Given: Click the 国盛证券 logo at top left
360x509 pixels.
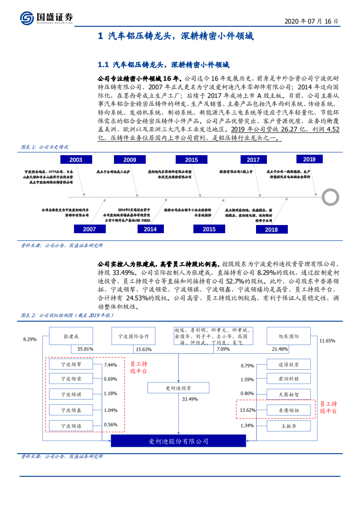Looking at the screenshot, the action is [x=46, y=17].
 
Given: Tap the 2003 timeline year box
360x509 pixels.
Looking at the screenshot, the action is [x=76, y=160].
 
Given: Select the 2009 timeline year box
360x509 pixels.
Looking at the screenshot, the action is [x=130, y=160].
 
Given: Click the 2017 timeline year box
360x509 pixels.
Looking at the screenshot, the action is [x=253, y=160].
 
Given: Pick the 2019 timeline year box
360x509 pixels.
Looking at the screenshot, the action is [x=309, y=159].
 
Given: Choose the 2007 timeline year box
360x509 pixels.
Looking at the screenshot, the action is [x=89, y=229].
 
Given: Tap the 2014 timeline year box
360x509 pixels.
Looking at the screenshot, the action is [x=150, y=229].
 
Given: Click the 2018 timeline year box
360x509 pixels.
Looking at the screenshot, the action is [x=271, y=230].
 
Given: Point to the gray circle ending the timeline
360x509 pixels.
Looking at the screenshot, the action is [x=330, y=197].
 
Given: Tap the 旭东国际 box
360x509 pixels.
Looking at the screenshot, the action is [x=289, y=336].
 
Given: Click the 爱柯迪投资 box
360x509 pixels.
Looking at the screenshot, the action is [x=178, y=388].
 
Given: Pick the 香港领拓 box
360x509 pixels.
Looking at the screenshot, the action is [x=289, y=410].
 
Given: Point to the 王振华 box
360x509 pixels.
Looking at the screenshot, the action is [x=289, y=426].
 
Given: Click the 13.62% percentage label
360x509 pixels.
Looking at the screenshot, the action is [x=248, y=410].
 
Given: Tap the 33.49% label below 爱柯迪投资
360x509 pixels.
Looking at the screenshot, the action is [x=190, y=399].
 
